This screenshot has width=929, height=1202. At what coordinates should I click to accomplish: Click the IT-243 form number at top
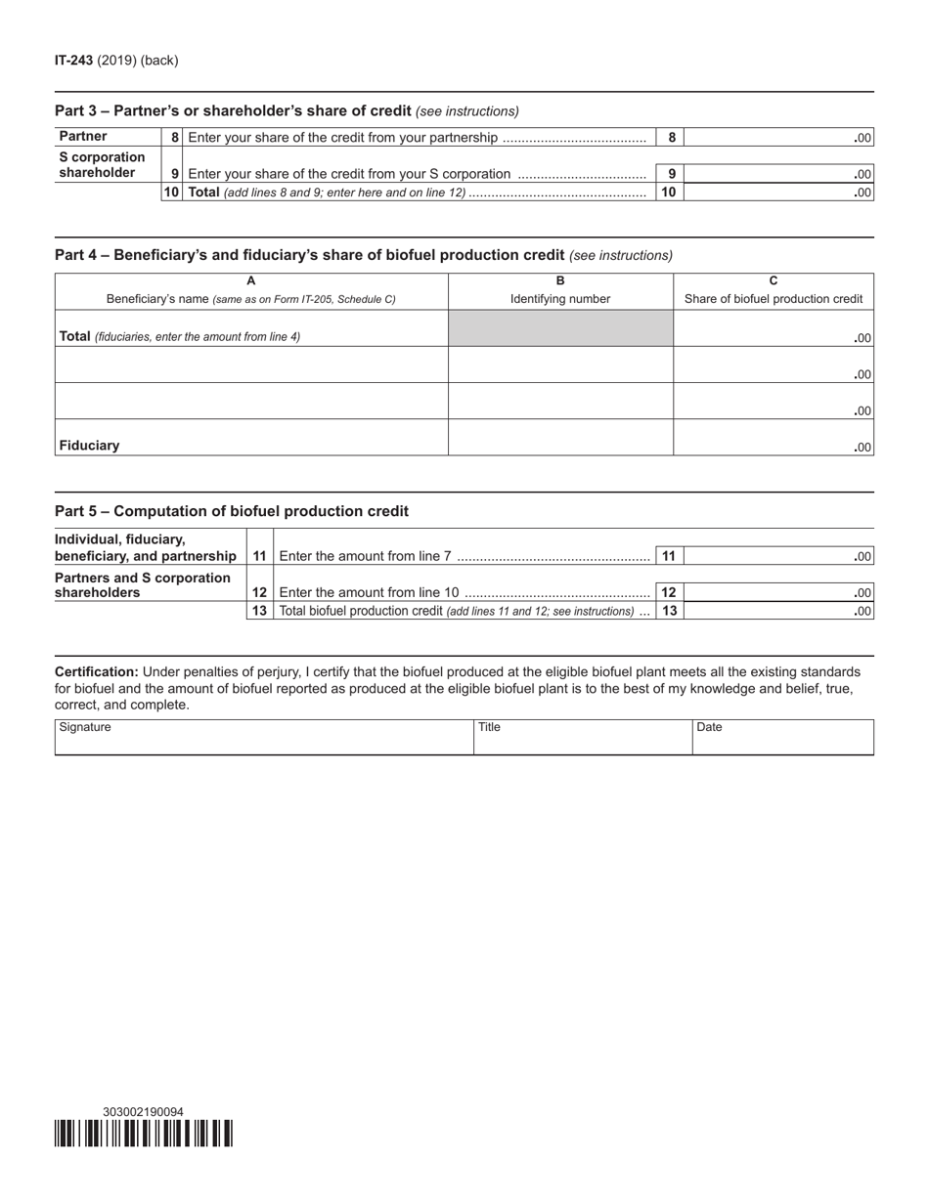(x=74, y=61)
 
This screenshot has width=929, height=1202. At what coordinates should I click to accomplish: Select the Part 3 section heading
(x=233, y=111)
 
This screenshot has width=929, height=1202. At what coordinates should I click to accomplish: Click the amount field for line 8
(x=777, y=138)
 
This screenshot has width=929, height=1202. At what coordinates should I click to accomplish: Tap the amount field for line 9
(x=777, y=174)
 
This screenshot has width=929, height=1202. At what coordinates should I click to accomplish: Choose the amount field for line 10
(x=777, y=193)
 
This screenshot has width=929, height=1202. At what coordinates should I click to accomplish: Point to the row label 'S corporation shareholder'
(x=102, y=165)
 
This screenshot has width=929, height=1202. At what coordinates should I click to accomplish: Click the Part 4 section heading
(x=309, y=255)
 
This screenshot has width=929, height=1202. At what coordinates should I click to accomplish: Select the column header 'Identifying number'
(x=560, y=299)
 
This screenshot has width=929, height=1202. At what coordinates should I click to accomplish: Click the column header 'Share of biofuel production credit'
(x=774, y=299)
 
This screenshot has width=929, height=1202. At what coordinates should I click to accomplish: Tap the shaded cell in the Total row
(x=560, y=328)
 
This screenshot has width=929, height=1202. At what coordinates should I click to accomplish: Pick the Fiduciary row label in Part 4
(x=90, y=446)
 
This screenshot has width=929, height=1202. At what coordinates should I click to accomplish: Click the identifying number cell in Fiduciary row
(x=560, y=438)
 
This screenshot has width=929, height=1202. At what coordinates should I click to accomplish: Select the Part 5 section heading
(x=232, y=511)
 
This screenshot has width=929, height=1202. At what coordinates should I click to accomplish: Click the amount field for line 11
(x=777, y=556)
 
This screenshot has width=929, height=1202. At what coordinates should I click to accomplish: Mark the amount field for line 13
(x=777, y=611)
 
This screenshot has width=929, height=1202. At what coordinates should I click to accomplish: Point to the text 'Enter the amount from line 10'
(x=369, y=592)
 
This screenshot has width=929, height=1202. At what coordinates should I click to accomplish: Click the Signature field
(x=264, y=738)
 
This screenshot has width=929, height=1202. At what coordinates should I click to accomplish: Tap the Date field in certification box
(x=782, y=738)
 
